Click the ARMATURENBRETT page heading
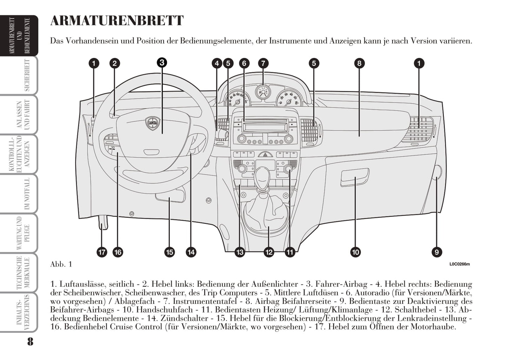[x=117, y=21]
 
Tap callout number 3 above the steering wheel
[x=161, y=62]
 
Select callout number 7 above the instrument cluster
[x=263, y=63]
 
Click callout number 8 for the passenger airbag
[x=359, y=63]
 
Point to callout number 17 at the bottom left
[x=102, y=252]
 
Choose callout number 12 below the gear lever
[x=269, y=252]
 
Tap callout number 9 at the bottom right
[x=436, y=252]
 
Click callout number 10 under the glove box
[x=355, y=252]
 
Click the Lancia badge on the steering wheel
[x=153, y=123]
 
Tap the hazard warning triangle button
[x=265, y=154]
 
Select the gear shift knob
[x=262, y=177]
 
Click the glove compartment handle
[x=355, y=177]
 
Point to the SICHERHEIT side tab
[x=27, y=75]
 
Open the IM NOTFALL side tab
[x=27, y=193]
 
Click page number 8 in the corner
[x=30, y=341]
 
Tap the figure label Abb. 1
[x=61, y=264]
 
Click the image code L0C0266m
[x=459, y=264]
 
